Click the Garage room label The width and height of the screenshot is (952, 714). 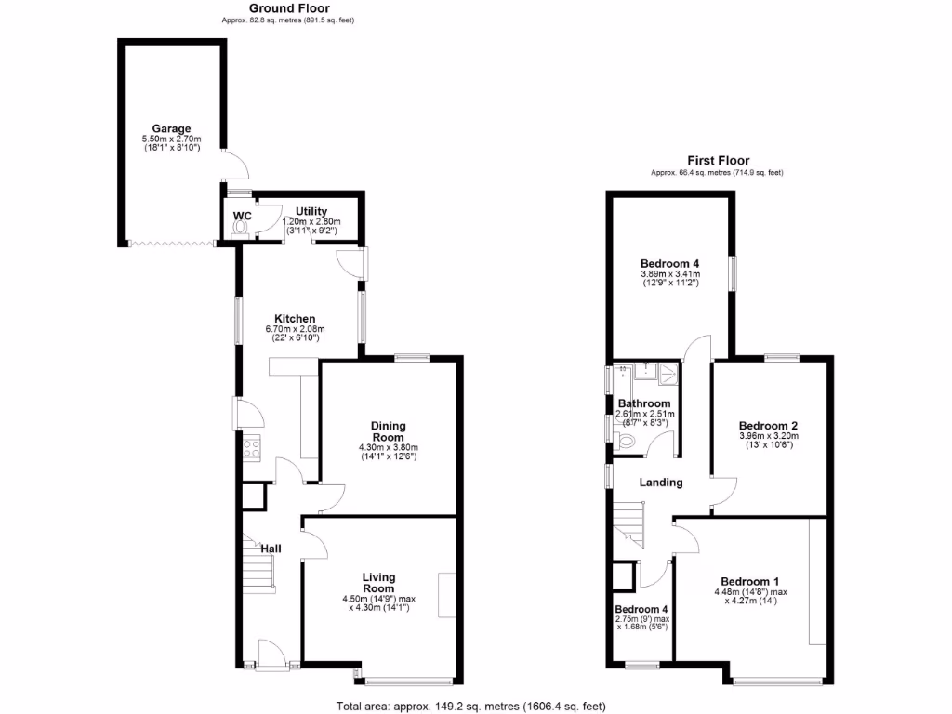point(172,128)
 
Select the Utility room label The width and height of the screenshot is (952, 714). point(311,212)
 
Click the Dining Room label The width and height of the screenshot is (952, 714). point(388,431)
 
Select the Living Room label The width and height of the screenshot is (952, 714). point(378,582)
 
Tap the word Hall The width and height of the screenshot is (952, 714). point(271,549)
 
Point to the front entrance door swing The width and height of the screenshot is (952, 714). point(271,653)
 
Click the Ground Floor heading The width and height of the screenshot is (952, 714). point(289,8)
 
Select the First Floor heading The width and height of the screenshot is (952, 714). point(718,161)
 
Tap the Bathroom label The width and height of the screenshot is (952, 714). point(643,403)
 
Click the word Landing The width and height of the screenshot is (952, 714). point(661,483)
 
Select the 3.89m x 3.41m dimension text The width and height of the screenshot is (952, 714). point(670,274)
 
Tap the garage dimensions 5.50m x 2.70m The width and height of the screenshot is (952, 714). point(172,139)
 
